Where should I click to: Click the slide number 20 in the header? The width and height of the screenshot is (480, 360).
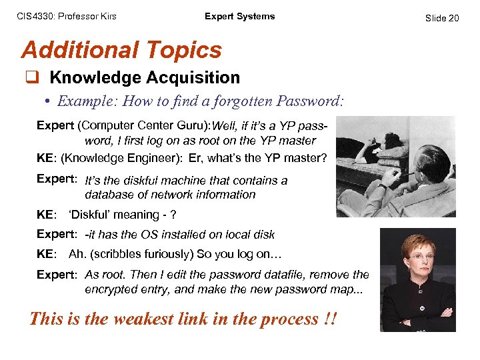[453, 18]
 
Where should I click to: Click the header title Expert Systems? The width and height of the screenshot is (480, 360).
[239, 16]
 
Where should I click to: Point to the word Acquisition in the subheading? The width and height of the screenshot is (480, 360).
[194, 77]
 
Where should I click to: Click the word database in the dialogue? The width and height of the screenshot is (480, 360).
[107, 195]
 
